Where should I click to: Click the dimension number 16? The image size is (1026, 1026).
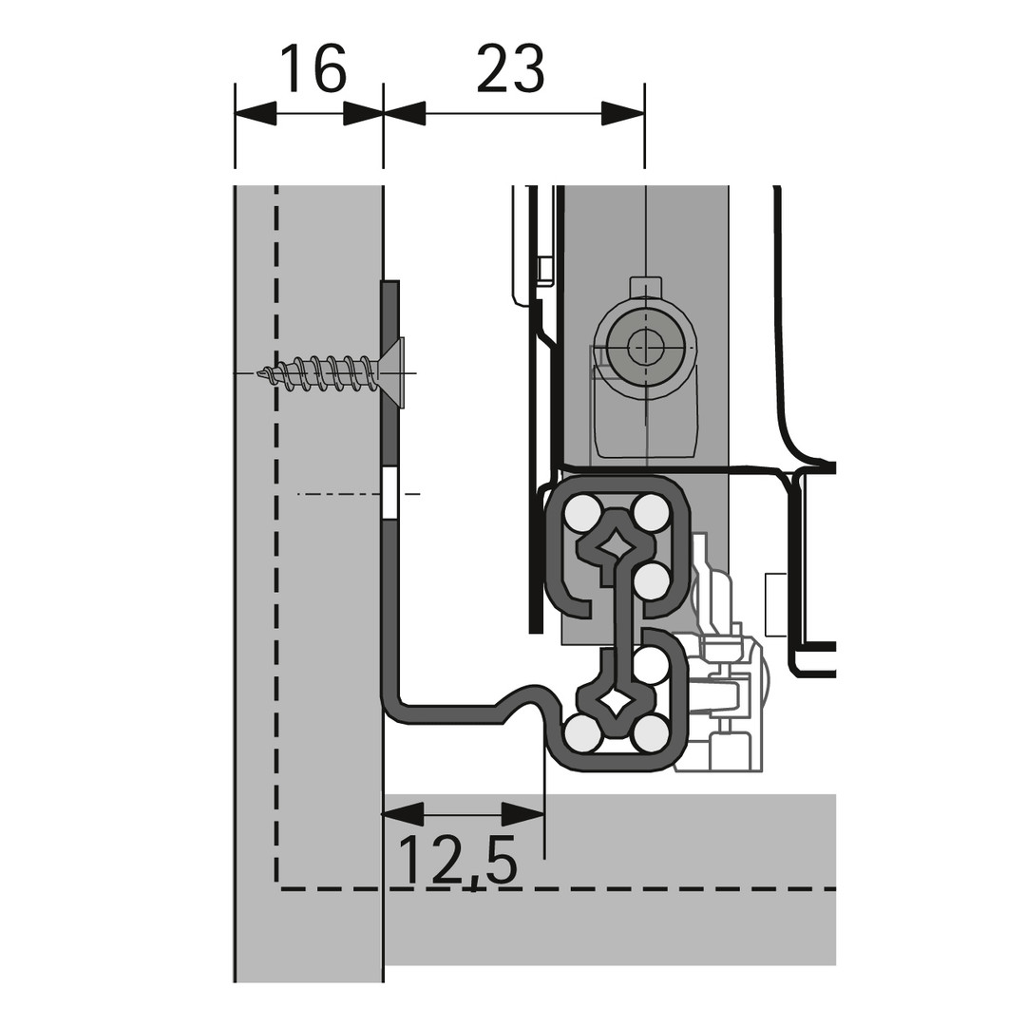(x=313, y=68)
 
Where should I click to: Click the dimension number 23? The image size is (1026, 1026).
(x=510, y=68)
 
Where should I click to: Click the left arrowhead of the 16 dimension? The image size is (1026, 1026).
(x=256, y=113)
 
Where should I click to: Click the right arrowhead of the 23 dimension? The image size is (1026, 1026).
(x=623, y=113)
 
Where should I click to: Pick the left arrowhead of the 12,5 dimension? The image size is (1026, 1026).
(x=404, y=815)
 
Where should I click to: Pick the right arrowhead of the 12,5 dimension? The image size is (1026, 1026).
(x=522, y=815)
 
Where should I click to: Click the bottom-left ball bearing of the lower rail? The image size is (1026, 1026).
(x=581, y=732)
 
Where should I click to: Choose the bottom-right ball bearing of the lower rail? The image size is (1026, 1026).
(x=649, y=732)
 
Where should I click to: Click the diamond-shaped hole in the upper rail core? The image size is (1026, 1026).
(x=615, y=542)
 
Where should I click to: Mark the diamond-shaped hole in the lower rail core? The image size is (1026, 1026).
(x=615, y=703)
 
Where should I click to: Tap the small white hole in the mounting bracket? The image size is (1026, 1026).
(x=390, y=493)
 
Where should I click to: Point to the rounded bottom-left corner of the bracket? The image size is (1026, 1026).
(x=396, y=712)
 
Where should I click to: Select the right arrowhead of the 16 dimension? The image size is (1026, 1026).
(x=363, y=113)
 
